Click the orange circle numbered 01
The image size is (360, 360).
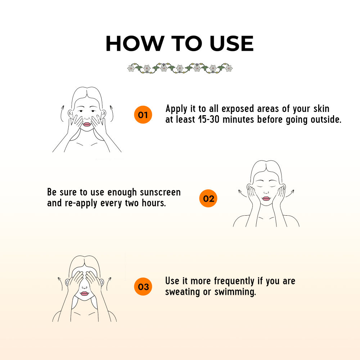[143, 114]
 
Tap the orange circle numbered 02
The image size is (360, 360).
[208, 198]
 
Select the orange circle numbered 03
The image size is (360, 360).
[143, 287]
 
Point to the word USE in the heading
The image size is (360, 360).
[231, 44]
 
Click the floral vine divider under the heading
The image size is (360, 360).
[180, 68]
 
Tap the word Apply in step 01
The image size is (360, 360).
[176, 109]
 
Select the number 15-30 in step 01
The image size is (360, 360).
[209, 120]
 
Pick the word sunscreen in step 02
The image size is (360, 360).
[160, 192]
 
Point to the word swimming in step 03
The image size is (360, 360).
[235, 292]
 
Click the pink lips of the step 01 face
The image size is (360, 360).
[87, 124]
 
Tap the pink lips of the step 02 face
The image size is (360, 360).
[266, 198]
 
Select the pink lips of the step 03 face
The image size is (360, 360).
[84, 294]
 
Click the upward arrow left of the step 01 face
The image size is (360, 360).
[61, 113]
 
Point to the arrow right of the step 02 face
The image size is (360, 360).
[290, 194]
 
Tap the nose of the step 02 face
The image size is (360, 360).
[266, 192]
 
